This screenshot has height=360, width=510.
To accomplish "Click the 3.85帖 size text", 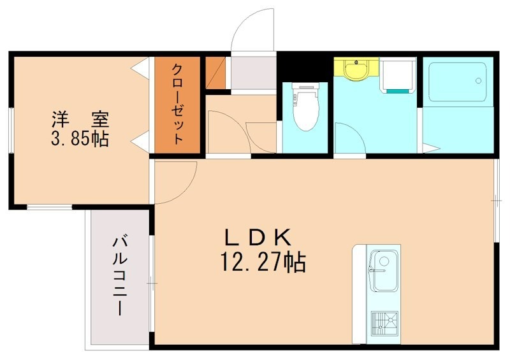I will pyautogui.click(x=80, y=138).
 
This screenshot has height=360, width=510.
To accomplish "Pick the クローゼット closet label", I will pyautogui.click(x=178, y=104).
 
